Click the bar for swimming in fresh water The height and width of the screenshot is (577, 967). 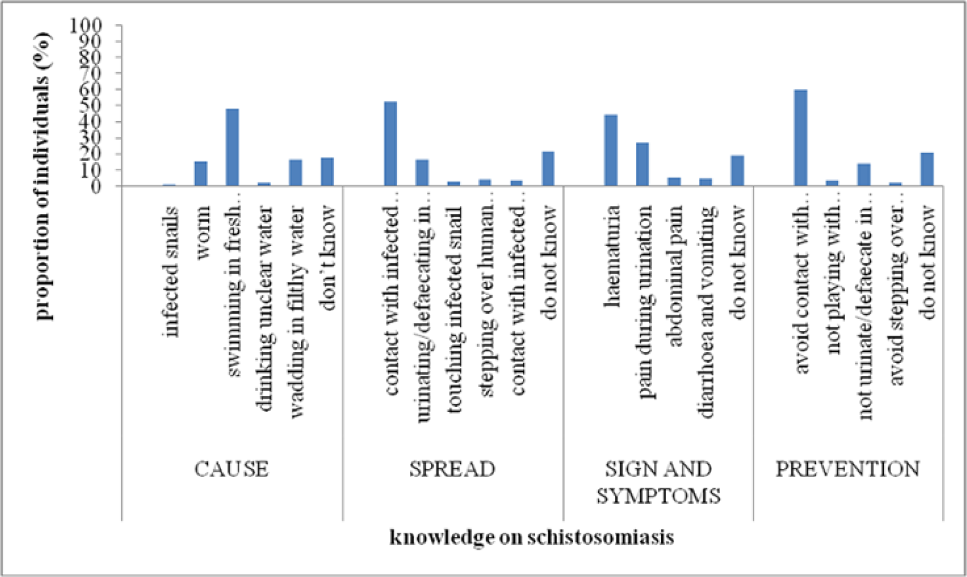tap(232, 147)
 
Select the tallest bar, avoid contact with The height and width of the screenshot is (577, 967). tap(800, 138)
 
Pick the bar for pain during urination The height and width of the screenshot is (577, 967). tap(642, 164)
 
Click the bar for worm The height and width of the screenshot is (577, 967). tap(200, 173)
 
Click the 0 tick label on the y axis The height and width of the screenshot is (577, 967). tap(96, 186)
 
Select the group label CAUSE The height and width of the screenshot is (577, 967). tap(231, 469)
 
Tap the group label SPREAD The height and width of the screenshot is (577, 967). tap(453, 469)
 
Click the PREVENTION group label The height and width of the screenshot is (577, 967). tap(848, 469)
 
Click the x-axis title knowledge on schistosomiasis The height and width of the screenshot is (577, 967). tap(532, 536)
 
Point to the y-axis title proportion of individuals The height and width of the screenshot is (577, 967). tap(44, 176)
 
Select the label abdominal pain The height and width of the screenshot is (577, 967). tap(674, 276)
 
